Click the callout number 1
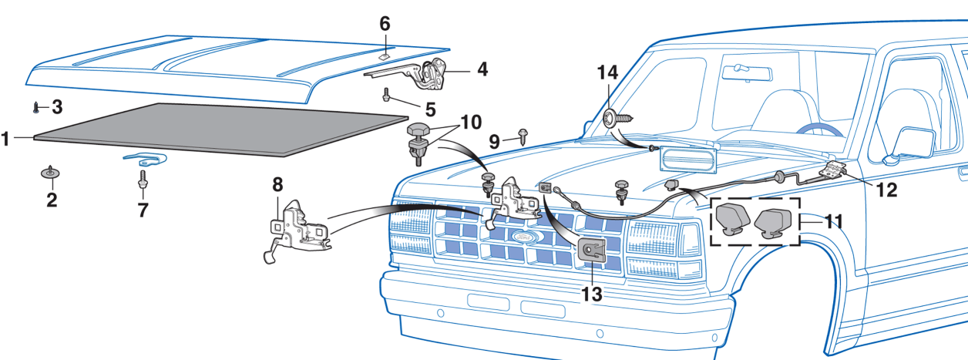7,140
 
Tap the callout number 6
385,24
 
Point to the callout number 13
592,293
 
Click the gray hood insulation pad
224,129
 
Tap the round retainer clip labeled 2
51,172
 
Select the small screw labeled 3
36,106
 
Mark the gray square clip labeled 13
591,250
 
